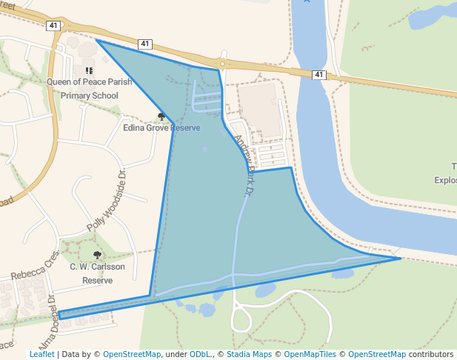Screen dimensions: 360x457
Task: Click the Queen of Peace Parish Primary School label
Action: click(89, 89)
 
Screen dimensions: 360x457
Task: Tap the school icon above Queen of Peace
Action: click(89, 70)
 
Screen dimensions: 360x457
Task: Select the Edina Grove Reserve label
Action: click(161, 127)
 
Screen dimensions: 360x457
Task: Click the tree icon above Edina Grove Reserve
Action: click(161, 116)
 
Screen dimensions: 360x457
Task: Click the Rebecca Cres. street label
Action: click(35, 266)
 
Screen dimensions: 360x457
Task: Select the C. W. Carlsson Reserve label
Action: click(97, 273)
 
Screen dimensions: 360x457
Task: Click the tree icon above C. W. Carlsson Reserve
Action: click(97, 255)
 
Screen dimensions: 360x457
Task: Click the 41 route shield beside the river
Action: click(318, 75)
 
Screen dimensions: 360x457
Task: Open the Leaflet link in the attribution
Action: click(41, 355)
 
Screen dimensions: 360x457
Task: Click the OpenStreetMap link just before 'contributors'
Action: click(377, 355)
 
